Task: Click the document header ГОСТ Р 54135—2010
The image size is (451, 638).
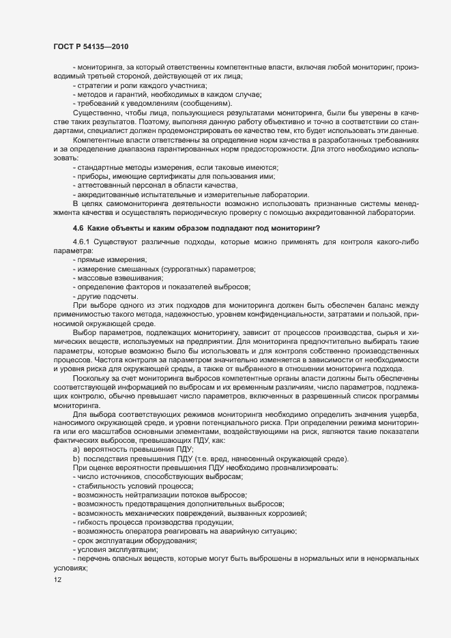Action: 91,46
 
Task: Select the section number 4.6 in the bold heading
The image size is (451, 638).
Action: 78,227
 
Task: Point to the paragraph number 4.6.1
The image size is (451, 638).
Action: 82,242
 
